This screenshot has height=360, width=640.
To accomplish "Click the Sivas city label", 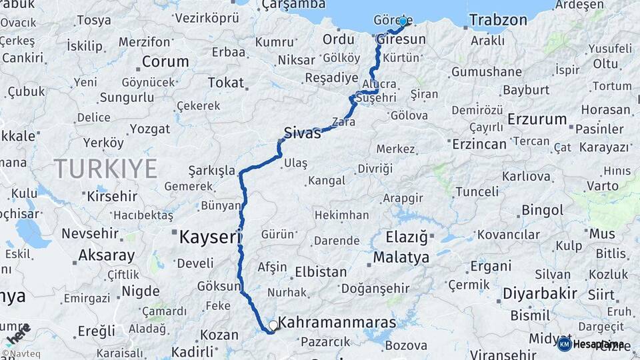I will (302, 132).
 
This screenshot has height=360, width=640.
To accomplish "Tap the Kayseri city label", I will (209, 236).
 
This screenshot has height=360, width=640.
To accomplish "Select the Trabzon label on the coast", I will (498, 20).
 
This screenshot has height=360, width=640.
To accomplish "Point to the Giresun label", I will (400, 39).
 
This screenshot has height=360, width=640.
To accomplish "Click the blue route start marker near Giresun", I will (403, 22).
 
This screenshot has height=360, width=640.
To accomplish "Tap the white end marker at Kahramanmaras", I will (273, 326).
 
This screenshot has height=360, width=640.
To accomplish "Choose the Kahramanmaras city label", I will (337, 323).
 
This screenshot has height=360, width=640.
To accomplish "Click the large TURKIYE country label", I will (105, 168).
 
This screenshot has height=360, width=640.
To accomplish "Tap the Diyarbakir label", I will (539, 293).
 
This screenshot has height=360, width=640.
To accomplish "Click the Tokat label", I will (225, 83).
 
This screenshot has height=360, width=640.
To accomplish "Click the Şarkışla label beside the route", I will (211, 170).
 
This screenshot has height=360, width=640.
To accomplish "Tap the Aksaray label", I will (106, 255).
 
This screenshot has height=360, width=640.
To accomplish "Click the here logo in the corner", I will (17, 333).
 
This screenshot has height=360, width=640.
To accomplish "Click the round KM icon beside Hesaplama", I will (564, 344).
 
